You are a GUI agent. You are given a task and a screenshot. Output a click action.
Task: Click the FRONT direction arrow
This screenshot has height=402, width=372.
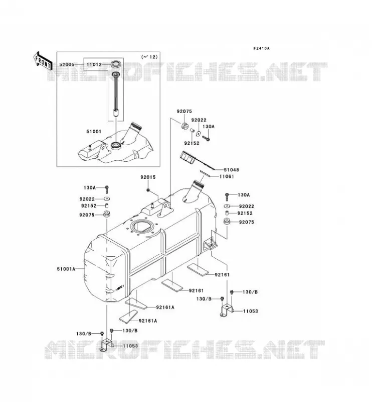click(43, 61)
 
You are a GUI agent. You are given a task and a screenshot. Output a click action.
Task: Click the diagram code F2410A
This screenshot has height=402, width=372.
click(261, 48)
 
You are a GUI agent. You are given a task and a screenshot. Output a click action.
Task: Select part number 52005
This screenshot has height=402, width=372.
click(67, 65)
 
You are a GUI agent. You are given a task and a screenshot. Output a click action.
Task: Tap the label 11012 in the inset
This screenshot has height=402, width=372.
click(94, 65)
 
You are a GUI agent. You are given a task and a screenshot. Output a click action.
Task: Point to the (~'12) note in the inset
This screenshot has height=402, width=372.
click(149, 57)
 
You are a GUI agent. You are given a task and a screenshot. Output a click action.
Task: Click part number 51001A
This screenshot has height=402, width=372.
click(66, 269)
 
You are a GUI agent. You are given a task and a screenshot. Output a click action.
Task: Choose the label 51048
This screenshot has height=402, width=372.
click(231, 170)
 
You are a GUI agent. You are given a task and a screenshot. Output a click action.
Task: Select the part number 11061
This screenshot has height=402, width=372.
click(227, 176)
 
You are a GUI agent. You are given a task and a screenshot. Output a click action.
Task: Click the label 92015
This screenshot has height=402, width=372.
click(148, 177)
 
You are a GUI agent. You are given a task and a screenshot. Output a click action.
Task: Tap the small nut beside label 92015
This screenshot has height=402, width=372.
click(148, 190)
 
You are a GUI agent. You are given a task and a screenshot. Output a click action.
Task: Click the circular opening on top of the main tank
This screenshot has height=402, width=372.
click(141, 227)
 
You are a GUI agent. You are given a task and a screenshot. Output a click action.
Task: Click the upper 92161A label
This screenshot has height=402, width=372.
click(165, 307)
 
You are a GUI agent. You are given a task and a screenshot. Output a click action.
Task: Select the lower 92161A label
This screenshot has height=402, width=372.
click(148, 321)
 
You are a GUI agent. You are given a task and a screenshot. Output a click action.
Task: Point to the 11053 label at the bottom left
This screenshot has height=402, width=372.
click(130, 346)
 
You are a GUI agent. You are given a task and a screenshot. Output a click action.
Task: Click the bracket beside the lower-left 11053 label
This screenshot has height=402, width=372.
click(106, 345)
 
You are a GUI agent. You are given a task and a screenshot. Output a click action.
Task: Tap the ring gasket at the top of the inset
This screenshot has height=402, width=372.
click(116, 64)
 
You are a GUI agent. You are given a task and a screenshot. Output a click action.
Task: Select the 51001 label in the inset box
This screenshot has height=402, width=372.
click(94, 132)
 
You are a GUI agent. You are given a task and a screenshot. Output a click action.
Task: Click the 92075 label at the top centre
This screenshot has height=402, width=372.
click(184, 111)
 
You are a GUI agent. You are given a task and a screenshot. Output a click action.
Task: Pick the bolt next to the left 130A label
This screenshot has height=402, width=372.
click(107, 189)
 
